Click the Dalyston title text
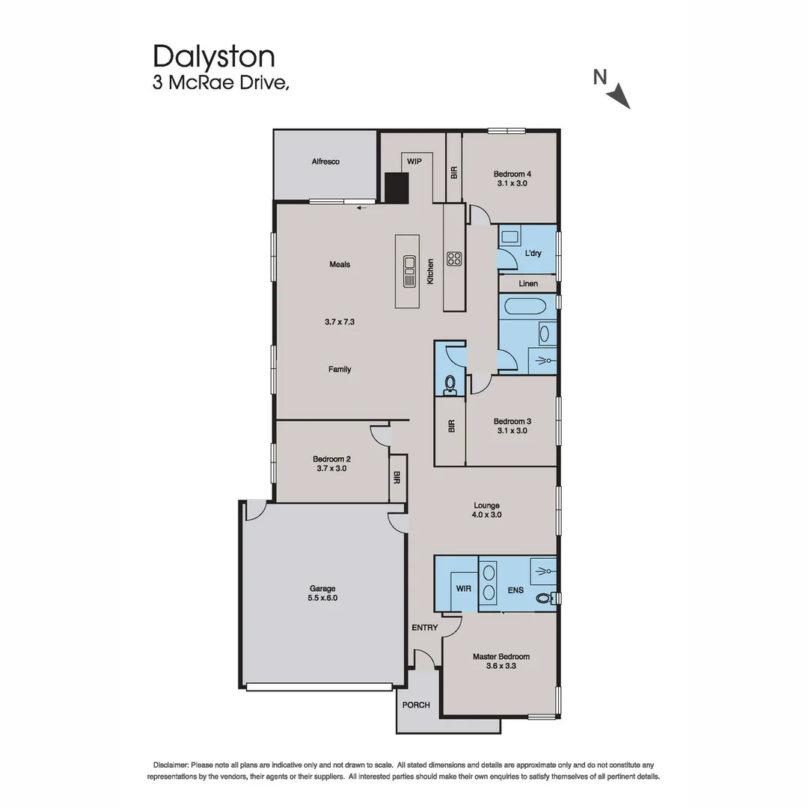point(214,57)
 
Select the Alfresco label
point(326,162)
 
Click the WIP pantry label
point(414,162)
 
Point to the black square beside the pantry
point(397,188)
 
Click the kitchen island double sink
point(409,271)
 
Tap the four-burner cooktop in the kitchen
point(454,259)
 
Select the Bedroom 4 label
point(512,174)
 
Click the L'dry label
point(533,254)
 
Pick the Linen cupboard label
point(528,284)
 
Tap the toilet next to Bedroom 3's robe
point(450,384)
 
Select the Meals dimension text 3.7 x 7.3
point(339,322)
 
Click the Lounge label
point(486,506)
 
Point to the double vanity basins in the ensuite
point(489,584)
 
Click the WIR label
point(463,589)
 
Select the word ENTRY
point(424,628)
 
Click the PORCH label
point(416,705)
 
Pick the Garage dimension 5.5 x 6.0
point(323,598)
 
